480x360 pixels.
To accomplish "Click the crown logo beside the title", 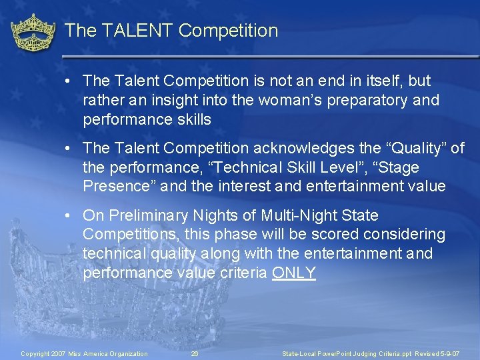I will click(x=33, y=33).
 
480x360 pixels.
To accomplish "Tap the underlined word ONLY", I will click(x=294, y=273).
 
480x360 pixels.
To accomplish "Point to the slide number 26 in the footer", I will click(x=195, y=353).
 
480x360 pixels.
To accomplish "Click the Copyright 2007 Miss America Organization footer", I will click(x=84, y=353).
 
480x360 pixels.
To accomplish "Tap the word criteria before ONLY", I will click(x=243, y=273).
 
